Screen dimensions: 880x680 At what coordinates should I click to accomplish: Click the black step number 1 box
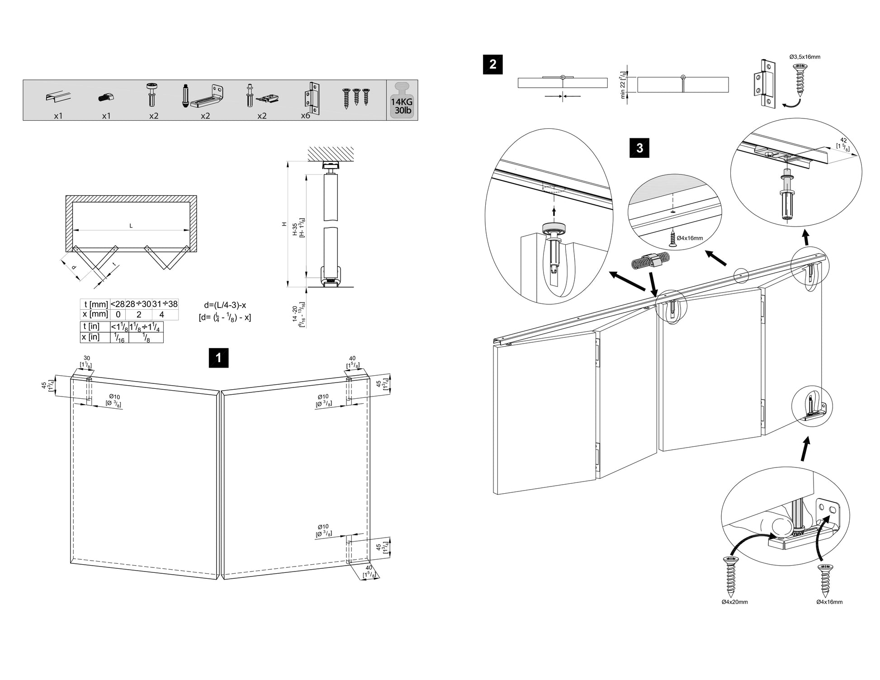(x=218, y=358)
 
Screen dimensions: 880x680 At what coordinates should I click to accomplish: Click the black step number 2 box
(x=492, y=64)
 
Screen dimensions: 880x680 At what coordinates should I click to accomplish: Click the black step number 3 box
(x=639, y=148)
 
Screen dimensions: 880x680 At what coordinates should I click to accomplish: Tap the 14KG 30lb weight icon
(x=402, y=100)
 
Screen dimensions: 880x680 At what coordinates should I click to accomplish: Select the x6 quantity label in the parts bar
(x=306, y=116)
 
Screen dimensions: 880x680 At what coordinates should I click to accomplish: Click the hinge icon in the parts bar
(x=313, y=96)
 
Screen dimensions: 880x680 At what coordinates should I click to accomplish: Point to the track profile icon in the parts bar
(x=58, y=97)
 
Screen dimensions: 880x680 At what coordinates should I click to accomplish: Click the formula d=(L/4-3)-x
(x=225, y=306)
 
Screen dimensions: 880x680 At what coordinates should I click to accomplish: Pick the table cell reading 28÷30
(x=138, y=304)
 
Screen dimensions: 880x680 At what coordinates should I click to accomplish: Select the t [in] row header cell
(x=95, y=326)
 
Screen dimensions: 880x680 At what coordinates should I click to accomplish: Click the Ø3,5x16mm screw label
(x=805, y=57)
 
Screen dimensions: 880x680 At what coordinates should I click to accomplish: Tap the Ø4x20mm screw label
(x=735, y=602)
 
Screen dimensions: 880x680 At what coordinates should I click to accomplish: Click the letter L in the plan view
(x=131, y=226)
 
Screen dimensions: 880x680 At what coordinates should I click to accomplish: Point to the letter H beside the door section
(x=284, y=224)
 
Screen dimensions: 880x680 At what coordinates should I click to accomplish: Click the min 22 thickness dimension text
(x=623, y=85)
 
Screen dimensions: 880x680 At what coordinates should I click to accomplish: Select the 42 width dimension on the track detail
(x=843, y=141)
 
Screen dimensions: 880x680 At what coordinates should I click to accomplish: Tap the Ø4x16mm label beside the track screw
(x=690, y=238)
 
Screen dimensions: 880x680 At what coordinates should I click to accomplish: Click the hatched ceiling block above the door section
(x=331, y=154)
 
